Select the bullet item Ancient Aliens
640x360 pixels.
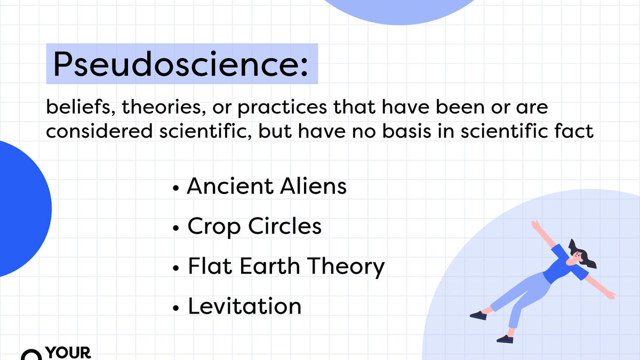pyautogui.click(x=267, y=187)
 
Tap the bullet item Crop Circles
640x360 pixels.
pyautogui.click(x=254, y=227)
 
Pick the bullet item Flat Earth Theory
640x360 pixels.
pyautogui.click(x=286, y=267)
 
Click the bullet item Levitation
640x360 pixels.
pyautogui.click(x=244, y=306)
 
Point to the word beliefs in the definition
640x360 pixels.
pyautogui.click(x=80, y=108)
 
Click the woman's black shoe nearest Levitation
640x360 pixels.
pyautogui.click(x=478, y=315)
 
